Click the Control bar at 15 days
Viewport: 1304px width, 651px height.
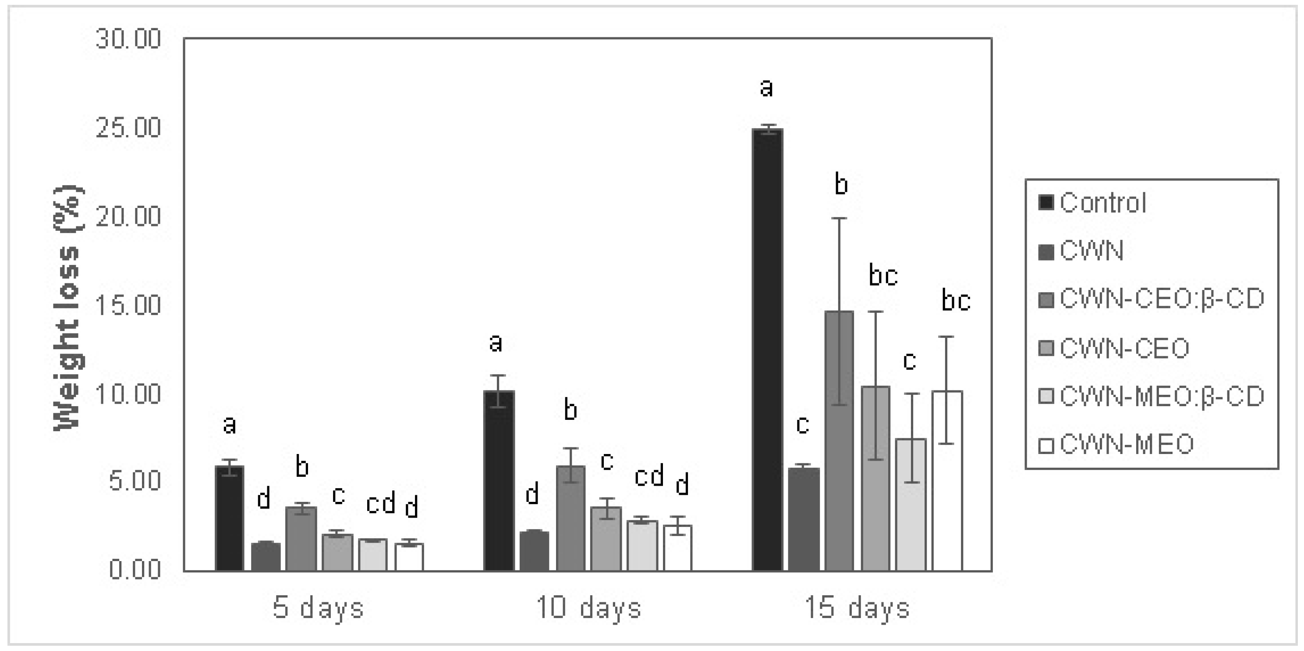(767, 350)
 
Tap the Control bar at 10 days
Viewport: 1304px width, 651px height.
(499, 481)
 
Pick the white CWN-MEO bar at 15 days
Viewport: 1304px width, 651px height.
(947, 481)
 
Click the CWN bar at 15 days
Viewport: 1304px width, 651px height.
(803, 519)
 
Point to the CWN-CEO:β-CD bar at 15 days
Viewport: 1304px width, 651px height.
(839, 441)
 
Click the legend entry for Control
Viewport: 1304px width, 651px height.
(1102, 203)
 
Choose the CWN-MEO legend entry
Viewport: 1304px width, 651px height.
(1126, 444)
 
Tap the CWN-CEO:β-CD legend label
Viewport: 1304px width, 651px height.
(1162, 299)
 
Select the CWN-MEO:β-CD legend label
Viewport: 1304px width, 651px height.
(1162, 396)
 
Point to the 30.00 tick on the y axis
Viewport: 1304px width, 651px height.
(128, 39)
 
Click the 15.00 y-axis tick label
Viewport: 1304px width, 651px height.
(128, 305)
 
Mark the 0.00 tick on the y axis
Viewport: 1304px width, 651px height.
(135, 570)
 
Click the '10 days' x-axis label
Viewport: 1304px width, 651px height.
(588, 608)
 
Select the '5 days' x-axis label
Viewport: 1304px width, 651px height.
(319, 608)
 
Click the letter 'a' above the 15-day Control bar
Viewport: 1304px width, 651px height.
(766, 88)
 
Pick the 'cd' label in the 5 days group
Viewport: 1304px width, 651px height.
(381, 504)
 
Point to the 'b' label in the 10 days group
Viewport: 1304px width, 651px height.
(570, 410)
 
